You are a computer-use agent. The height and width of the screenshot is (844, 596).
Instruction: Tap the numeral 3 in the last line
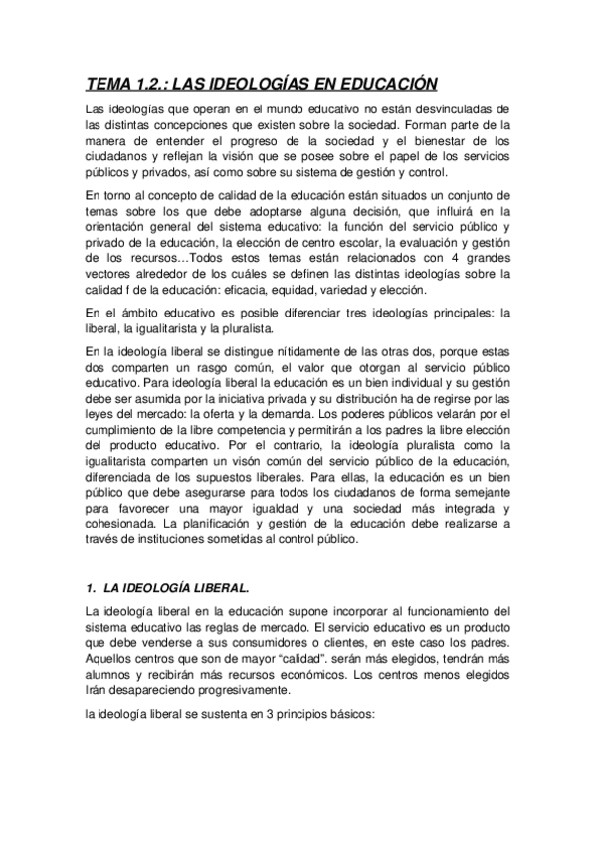(x=265, y=713)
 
